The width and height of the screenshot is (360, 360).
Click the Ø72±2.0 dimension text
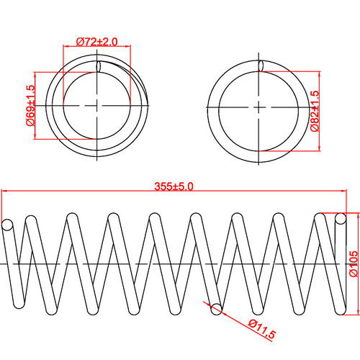[x=97, y=41]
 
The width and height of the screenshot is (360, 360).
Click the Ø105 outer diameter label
[x=353, y=264]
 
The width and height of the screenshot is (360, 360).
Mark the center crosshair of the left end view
[x=96, y=106]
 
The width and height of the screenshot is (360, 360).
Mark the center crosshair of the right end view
[x=258, y=106]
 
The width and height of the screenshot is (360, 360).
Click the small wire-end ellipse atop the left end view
[x=98, y=66]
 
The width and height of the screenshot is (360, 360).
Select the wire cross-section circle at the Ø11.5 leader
[x=215, y=310]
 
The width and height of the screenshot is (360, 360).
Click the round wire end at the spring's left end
[x=7, y=225]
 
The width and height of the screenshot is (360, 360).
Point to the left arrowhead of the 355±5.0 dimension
[x=5, y=192]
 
